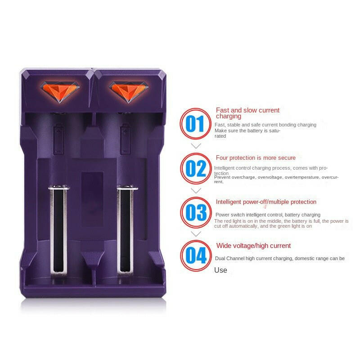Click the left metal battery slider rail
click(58, 229)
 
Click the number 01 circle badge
click(195, 124)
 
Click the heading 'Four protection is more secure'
click(256, 158)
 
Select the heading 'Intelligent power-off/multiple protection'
click(266, 202)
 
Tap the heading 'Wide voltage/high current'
click(253, 246)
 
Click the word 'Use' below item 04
click(220, 270)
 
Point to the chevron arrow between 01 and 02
click(196, 146)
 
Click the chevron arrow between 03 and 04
click(196, 234)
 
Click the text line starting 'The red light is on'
click(281, 221)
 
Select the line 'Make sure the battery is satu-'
click(247, 130)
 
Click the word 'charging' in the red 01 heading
click(229, 117)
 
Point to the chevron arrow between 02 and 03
click(196, 190)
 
